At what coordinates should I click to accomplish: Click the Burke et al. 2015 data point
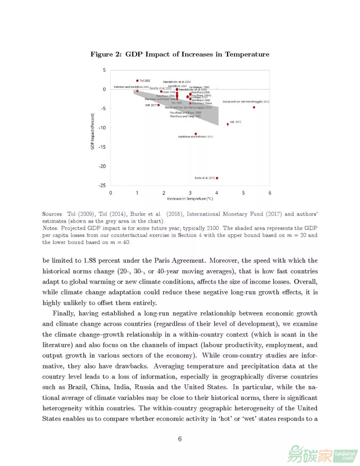217,178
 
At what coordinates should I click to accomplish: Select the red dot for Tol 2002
137,80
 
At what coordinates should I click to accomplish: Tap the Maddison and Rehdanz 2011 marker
196,134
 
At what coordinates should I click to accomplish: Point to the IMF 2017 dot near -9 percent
228,124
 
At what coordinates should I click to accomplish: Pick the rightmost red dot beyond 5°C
254,107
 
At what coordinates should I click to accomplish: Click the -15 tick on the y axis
102,147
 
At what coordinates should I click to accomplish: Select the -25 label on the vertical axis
102,185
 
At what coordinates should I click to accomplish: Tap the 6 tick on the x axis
270,193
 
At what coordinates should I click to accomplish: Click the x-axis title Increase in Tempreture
190,199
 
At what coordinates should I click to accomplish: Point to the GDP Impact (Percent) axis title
93,131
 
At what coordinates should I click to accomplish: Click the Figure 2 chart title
180,54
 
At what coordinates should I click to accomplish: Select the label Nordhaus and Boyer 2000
185,113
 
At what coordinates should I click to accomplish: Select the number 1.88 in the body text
90,261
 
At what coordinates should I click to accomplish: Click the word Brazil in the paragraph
77,387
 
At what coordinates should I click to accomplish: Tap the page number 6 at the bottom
180,439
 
